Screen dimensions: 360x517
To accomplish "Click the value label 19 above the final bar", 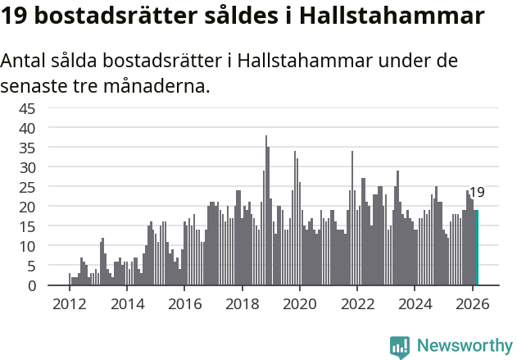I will tap(476, 193).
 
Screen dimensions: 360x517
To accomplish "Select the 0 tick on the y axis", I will tap(53, 285).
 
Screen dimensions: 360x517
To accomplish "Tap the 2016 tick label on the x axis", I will tap(184, 303).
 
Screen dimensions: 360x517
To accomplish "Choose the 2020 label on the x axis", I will tap(299, 303).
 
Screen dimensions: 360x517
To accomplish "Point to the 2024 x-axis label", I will tap(415, 303).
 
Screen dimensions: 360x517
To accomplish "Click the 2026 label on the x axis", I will tap(472, 303).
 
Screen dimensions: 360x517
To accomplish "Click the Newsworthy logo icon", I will tap(400, 346).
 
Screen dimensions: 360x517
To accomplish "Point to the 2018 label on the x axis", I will tap(242, 303).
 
